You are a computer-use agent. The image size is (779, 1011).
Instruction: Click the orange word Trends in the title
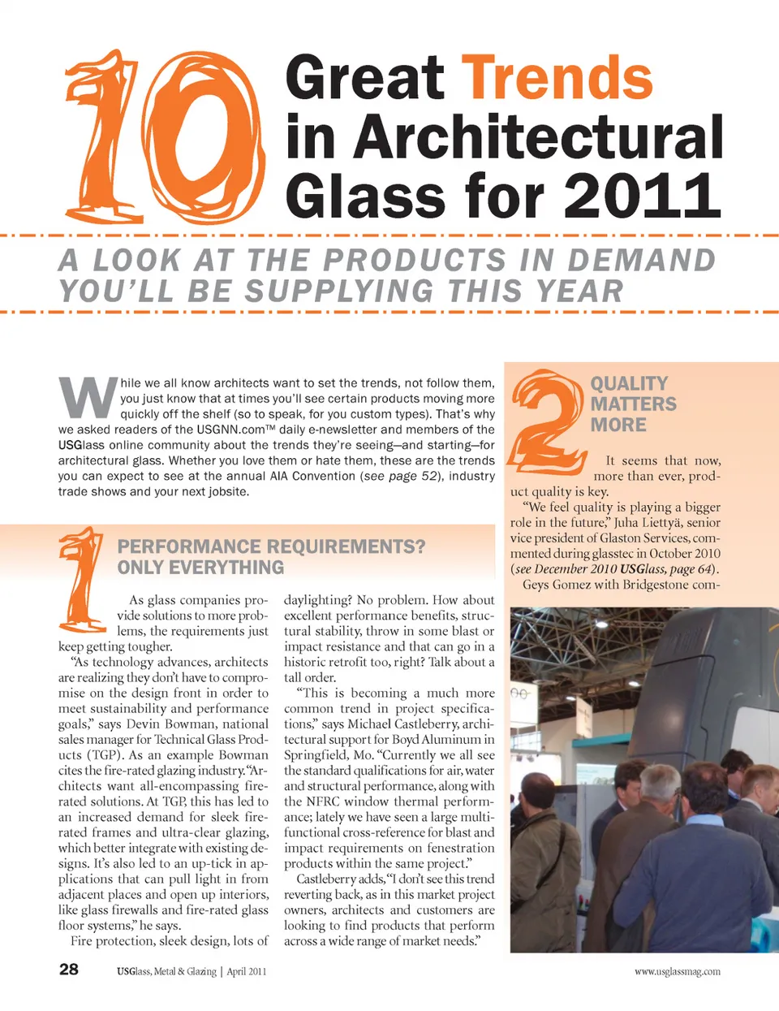tap(557, 79)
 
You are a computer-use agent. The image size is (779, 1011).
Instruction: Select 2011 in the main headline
tap(642, 196)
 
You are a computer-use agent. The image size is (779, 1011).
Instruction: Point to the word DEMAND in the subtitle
tap(641, 260)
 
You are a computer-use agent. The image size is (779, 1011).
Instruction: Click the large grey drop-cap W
tap(87, 397)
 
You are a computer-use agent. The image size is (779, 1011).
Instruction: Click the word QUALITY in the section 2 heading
tap(629, 383)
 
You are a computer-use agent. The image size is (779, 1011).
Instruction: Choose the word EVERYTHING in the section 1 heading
tap(200, 568)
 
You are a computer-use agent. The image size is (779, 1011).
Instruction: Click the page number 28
tap(69, 969)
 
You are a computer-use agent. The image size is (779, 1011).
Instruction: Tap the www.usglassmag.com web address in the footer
tap(677, 971)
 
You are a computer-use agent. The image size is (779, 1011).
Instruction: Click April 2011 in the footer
tap(247, 971)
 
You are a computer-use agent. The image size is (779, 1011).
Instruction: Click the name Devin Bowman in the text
tap(170, 724)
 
